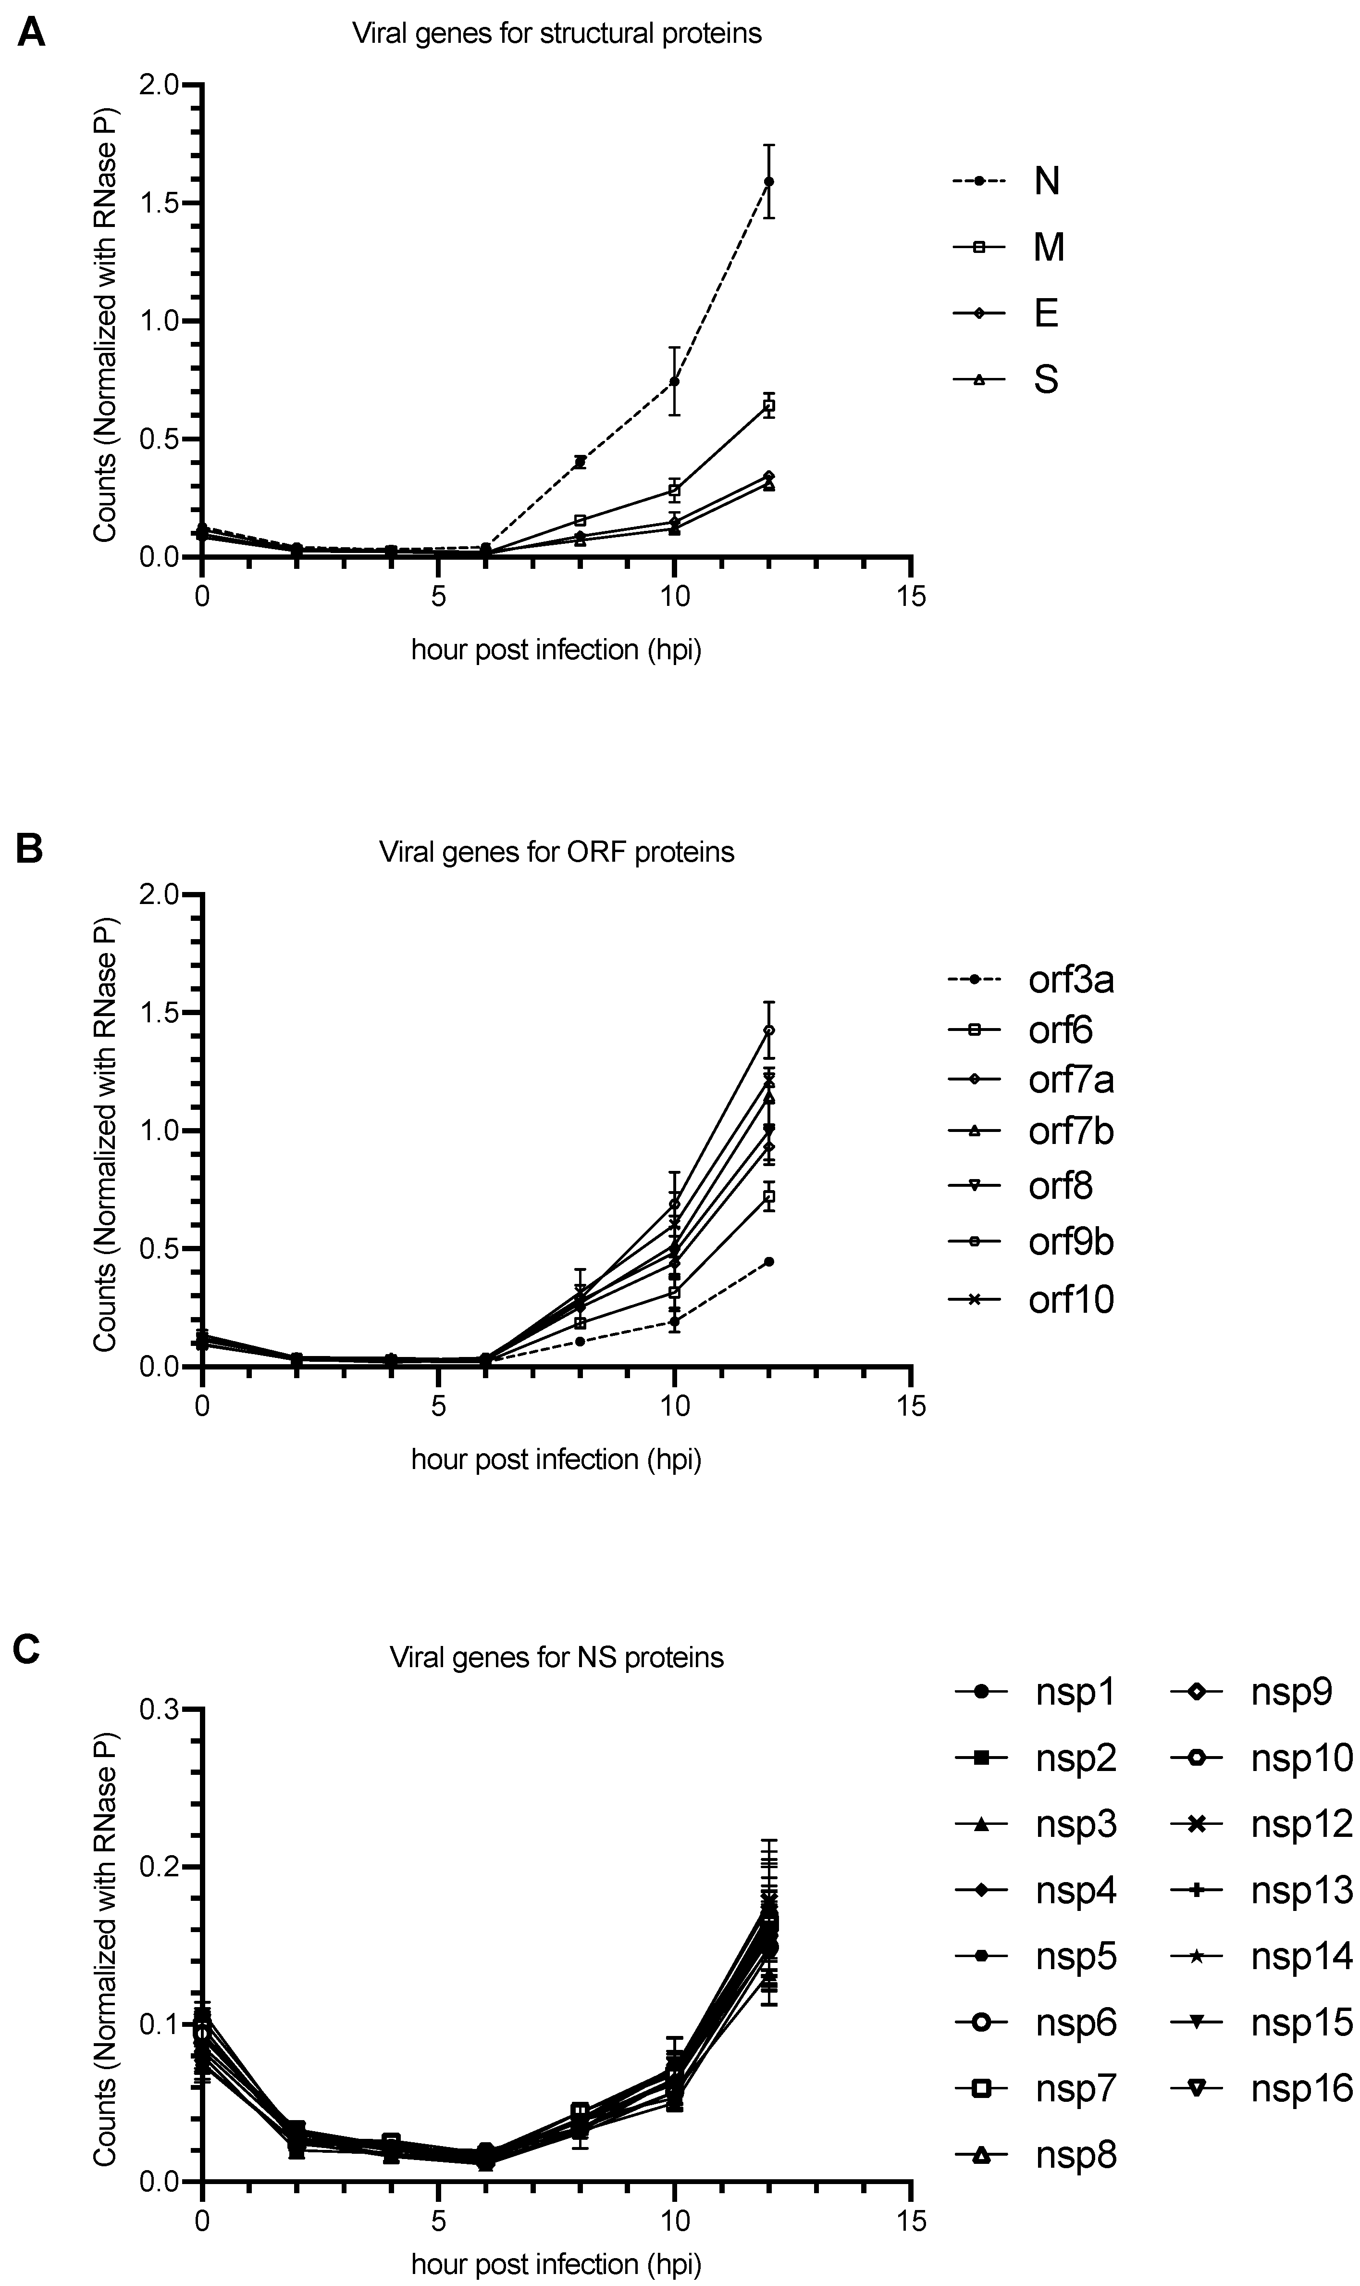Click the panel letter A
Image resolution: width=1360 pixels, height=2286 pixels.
point(31,34)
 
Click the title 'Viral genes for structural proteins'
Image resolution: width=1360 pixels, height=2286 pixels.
point(556,34)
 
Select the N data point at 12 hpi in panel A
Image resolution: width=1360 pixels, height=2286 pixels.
point(769,182)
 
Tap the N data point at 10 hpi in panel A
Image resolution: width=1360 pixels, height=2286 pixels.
point(675,381)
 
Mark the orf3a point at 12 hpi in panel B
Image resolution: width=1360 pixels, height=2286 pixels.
point(769,1262)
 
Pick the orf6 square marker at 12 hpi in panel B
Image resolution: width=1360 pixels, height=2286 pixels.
point(769,1197)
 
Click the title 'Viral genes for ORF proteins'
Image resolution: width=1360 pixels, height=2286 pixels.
point(556,852)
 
